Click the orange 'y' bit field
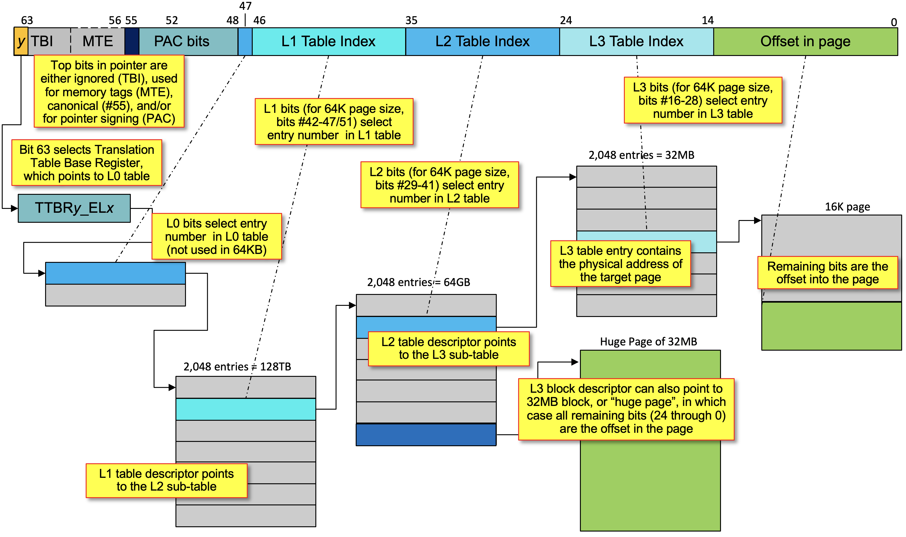click(21, 41)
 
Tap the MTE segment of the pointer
click(98, 41)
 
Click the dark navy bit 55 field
click(132, 41)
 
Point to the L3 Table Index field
click(636, 41)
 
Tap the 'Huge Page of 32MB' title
click(649, 342)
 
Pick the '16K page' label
click(847, 207)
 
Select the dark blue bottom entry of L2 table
click(426, 435)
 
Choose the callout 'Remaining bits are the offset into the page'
click(827, 272)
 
